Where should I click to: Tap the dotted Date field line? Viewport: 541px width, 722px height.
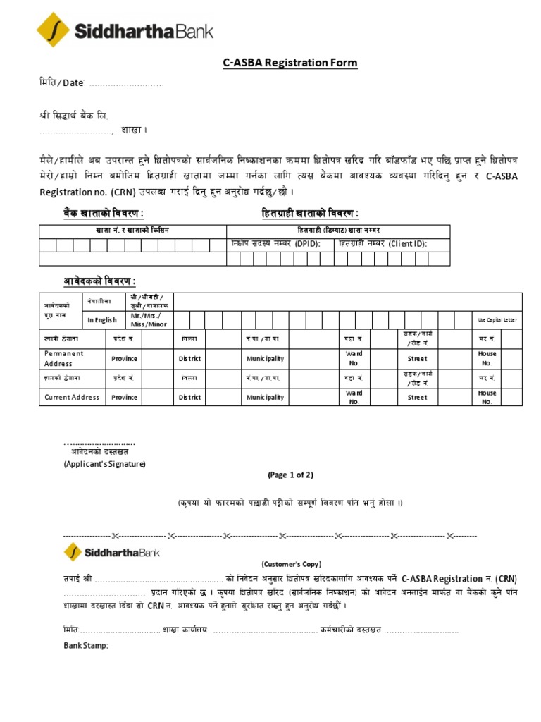click(x=125, y=84)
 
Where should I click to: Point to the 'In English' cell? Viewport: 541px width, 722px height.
click(x=102, y=319)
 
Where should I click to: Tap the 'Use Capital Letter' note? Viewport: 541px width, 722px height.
click(x=497, y=319)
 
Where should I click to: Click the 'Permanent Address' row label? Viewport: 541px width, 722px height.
click(x=63, y=358)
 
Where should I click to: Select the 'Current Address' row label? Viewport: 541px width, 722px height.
click(x=73, y=397)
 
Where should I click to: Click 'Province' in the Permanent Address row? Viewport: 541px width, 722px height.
click(x=124, y=358)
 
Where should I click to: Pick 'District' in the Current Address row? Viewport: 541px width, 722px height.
click(x=189, y=397)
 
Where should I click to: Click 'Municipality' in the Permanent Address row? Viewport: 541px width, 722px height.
click(x=265, y=358)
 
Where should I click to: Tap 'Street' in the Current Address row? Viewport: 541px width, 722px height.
click(x=417, y=397)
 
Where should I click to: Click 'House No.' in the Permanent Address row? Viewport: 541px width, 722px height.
click(x=487, y=358)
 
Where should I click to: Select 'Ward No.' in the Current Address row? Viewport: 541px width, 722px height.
click(x=354, y=397)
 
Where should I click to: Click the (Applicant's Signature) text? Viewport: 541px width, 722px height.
click(x=104, y=464)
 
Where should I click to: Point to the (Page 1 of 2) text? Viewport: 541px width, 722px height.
click(x=290, y=475)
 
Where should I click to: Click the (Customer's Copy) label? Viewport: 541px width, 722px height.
click(x=290, y=564)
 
